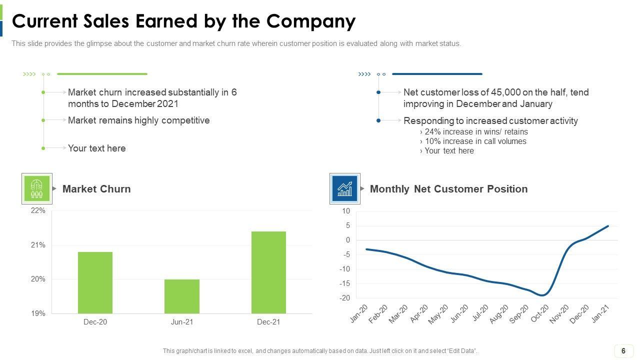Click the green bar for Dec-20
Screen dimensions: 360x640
pos(95,282)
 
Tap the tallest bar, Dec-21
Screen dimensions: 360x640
pos(268,272)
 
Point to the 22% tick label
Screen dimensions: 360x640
pos(38,211)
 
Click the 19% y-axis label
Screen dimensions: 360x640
pos(38,313)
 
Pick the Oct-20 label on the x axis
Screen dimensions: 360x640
pos(539,313)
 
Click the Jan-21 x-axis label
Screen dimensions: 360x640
pos(601,313)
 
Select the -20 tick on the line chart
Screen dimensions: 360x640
pos(345,298)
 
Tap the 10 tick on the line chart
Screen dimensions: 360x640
pos(346,211)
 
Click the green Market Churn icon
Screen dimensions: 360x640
pos(37,188)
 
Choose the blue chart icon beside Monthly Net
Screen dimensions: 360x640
pos(344,188)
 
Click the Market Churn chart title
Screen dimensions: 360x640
pos(96,189)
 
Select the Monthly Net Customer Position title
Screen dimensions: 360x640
pos(448,189)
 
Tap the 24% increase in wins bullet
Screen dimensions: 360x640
pos(476,132)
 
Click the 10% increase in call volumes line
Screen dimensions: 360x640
pos(475,141)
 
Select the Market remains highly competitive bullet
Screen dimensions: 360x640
pos(138,120)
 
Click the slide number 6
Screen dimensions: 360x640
pos(623,351)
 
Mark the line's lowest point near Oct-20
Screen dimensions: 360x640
pos(542,295)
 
